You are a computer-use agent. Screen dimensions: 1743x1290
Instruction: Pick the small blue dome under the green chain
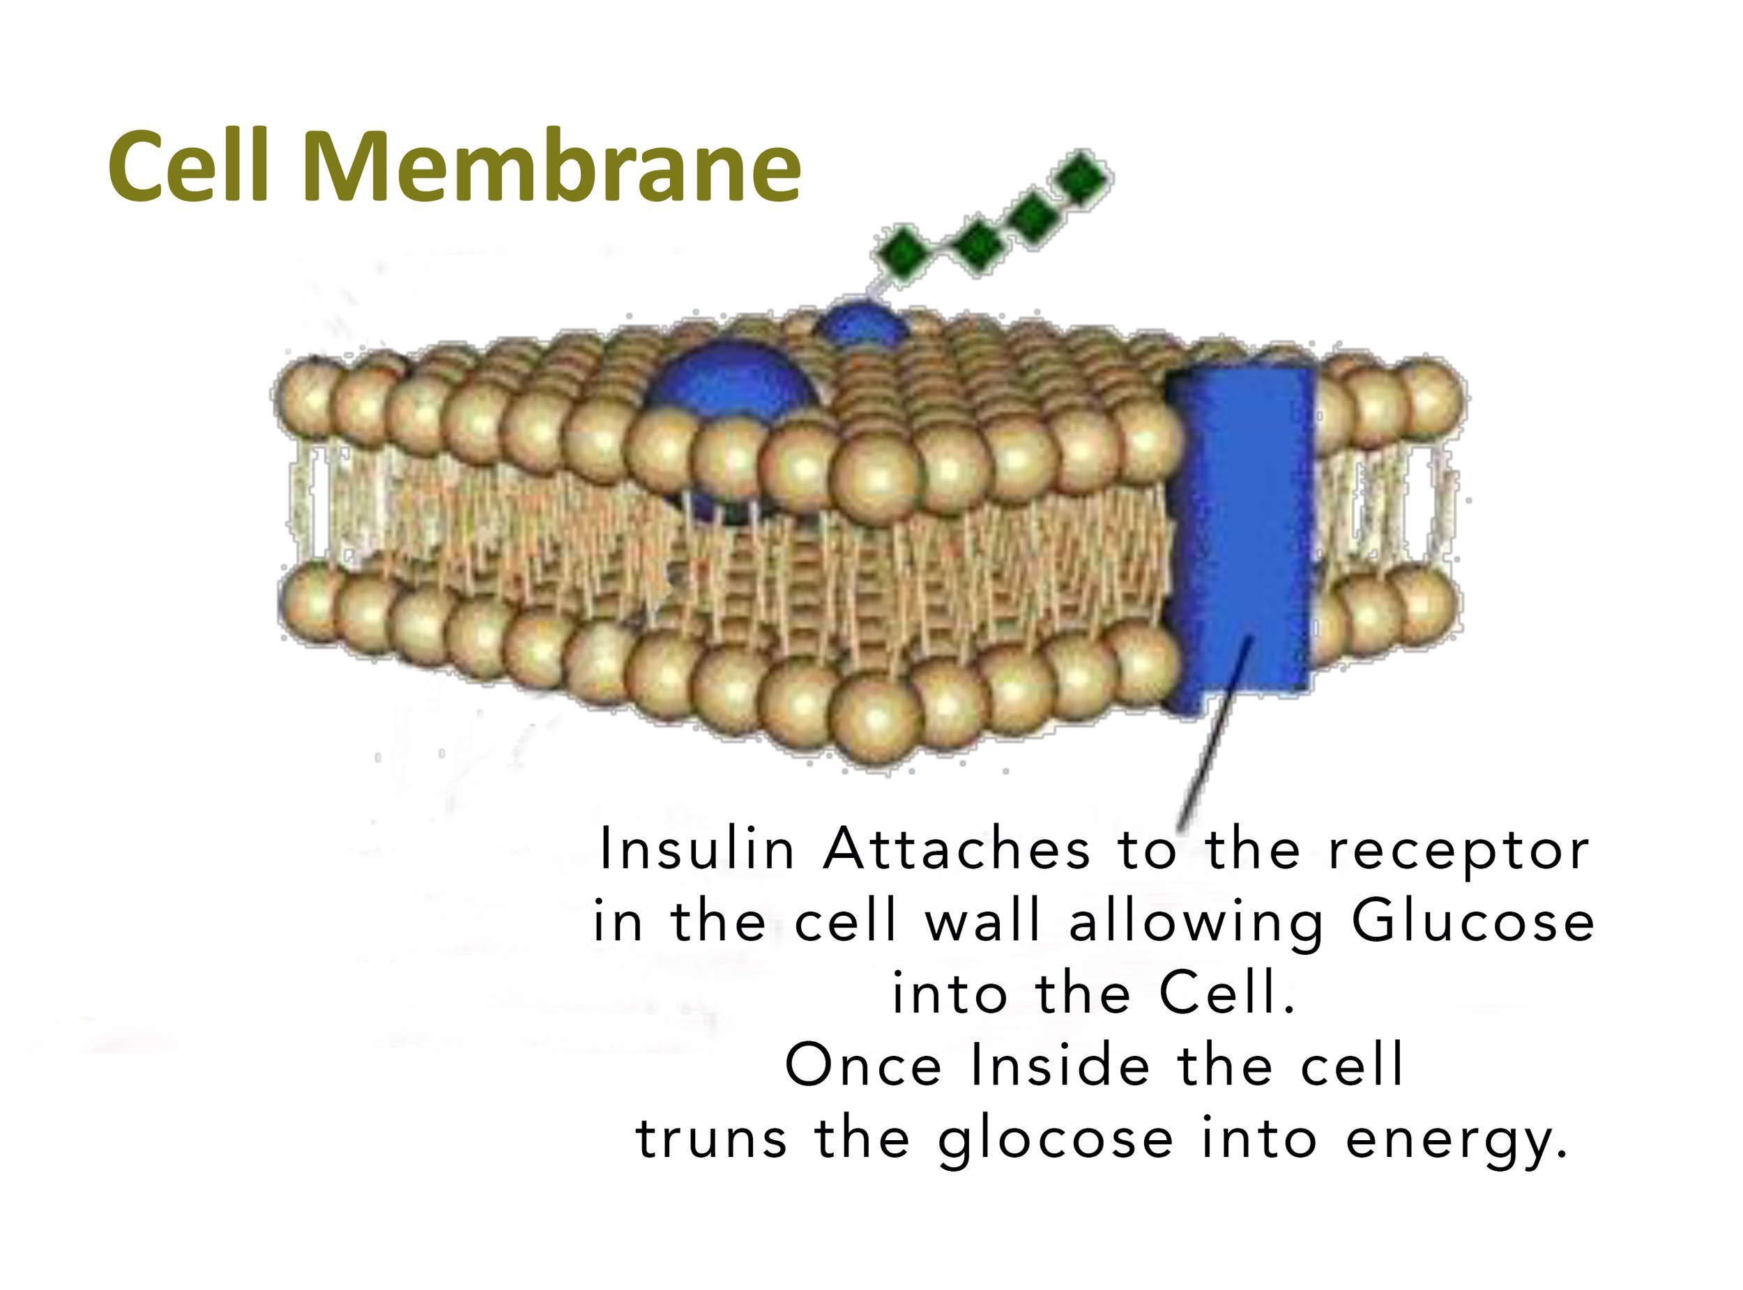point(860,323)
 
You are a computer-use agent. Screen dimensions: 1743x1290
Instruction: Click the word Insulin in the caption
point(696,850)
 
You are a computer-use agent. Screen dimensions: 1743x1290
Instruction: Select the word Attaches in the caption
point(957,850)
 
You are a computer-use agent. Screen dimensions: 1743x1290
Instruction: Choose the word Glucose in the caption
point(1472,921)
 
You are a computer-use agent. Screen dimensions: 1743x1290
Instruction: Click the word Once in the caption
point(862,1065)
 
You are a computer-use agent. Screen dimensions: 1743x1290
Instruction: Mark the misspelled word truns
point(712,1139)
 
